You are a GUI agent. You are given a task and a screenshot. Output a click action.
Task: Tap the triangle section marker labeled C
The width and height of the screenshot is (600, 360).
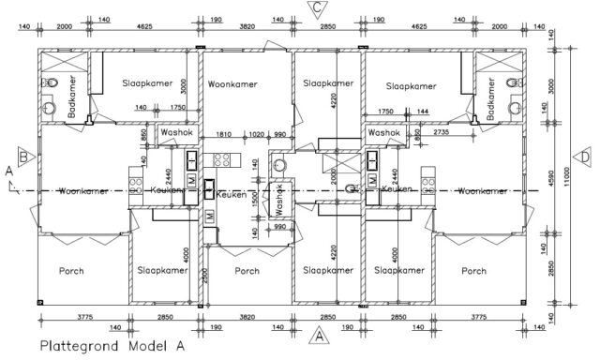pyautogui.click(x=319, y=8)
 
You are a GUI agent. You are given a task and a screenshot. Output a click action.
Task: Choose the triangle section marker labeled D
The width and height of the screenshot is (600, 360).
pyautogui.click(x=584, y=156)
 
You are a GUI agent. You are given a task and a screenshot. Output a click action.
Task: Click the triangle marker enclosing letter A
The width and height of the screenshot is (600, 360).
pyautogui.click(x=319, y=335)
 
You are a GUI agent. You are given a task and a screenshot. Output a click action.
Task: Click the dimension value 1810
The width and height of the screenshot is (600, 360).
pyautogui.click(x=224, y=134)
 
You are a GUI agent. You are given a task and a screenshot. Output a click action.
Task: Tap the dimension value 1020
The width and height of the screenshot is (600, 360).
pyautogui.click(x=256, y=134)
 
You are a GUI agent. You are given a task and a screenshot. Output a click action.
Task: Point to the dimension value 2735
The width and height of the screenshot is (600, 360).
pyautogui.click(x=442, y=134)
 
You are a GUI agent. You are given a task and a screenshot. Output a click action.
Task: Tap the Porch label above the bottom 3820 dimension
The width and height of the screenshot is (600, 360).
pyautogui.click(x=247, y=271)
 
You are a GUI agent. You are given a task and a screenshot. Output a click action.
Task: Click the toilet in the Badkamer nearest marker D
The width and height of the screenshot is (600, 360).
pyautogui.click(x=511, y=84)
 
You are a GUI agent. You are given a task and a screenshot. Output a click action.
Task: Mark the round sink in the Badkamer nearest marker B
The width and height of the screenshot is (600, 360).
pyautogui.click(x=49, y=84)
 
